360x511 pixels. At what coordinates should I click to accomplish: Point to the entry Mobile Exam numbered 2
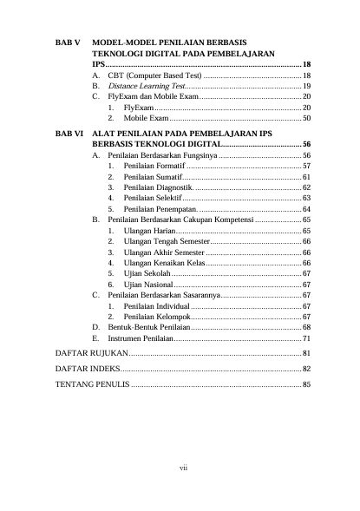tap(146, 117)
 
